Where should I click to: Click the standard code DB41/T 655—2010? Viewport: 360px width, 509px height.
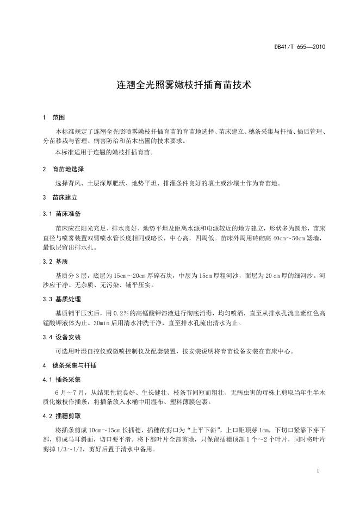tap(300, 47)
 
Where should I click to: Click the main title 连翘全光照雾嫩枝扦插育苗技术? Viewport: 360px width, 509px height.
tap(180, 85)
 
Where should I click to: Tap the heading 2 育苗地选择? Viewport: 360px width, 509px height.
tap(63, 169)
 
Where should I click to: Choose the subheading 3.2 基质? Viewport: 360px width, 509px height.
tap(56, 262)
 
